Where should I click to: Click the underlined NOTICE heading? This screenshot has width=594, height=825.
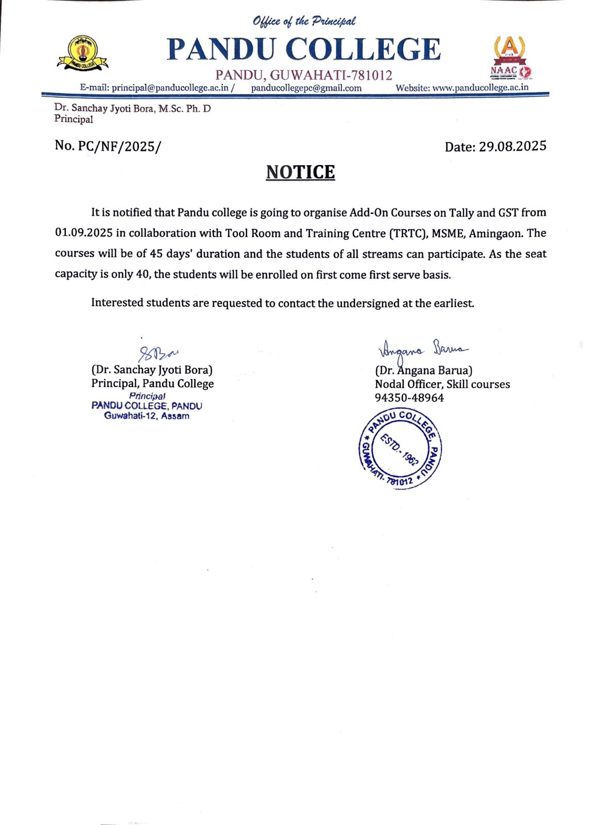(x=300, y=172)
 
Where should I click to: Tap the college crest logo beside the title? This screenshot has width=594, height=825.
(x=82, y=53)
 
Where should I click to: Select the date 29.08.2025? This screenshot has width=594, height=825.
(x=512, y=146)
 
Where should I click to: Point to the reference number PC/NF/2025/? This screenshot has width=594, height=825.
(x=119, y=146)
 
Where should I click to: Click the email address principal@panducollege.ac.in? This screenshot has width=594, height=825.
(x=170, y=88)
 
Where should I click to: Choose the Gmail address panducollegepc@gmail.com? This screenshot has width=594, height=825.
(x=306, y=88)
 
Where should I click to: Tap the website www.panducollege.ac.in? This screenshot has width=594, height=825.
(x=481, y=88)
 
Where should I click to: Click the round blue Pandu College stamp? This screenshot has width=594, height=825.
(x=400, y=448)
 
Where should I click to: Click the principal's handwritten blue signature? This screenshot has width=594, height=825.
(x=158, y=353)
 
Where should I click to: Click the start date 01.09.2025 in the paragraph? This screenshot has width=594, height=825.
(x=84, y=233)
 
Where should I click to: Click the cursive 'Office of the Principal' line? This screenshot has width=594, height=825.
(x=304, y=21)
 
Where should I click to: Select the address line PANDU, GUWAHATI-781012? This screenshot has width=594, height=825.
(x=304, y=75)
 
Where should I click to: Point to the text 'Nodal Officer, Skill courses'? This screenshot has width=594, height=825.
(x=442, y=384)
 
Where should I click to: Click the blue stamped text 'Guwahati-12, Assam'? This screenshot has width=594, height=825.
(x=146, y=416)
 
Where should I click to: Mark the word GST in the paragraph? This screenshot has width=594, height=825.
(x=507, y=212)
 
